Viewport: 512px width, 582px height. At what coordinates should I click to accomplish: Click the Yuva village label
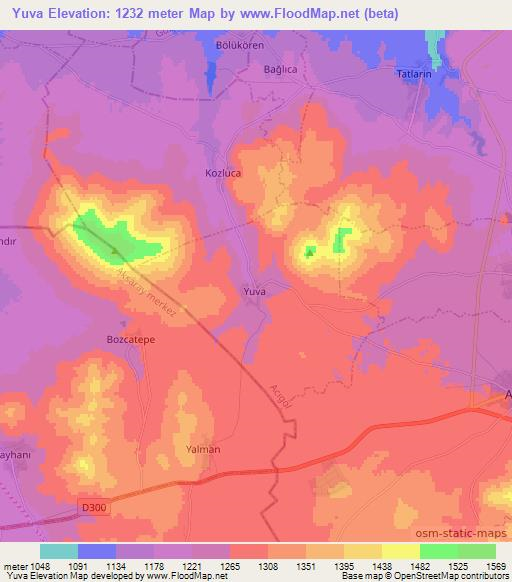point(255,291)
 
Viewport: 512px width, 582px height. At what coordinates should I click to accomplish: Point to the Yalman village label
point(203,449)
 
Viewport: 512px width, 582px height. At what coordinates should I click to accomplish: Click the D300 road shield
point(92,508)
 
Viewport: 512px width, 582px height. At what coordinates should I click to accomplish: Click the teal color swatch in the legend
point(58,551)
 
